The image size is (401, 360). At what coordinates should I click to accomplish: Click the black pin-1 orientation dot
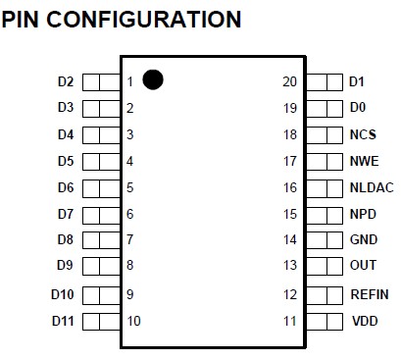coord(153,79)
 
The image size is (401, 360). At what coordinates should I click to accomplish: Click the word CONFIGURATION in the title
coord(157,19)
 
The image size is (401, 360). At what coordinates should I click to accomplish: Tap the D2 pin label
coord(66,81)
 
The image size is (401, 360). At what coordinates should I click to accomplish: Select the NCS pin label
coord(363,134)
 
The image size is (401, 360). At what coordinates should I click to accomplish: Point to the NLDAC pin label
coord(370,187)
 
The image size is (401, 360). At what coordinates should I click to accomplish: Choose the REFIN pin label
coord(370,294)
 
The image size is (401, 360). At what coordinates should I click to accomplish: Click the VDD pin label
coord(363,321)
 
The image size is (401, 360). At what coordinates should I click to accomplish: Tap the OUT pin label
coord(363,266)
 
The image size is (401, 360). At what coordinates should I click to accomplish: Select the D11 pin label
coord(63,321)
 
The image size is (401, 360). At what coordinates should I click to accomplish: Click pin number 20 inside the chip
coord(288,81)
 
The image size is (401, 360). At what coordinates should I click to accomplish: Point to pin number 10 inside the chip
coord(133,321)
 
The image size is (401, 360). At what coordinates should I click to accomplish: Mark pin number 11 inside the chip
coord(288,321)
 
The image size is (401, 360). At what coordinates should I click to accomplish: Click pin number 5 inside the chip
coord(129,187)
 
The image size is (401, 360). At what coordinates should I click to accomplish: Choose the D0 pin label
coord(357,108)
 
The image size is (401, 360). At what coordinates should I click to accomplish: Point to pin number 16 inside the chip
coord(288,187)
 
